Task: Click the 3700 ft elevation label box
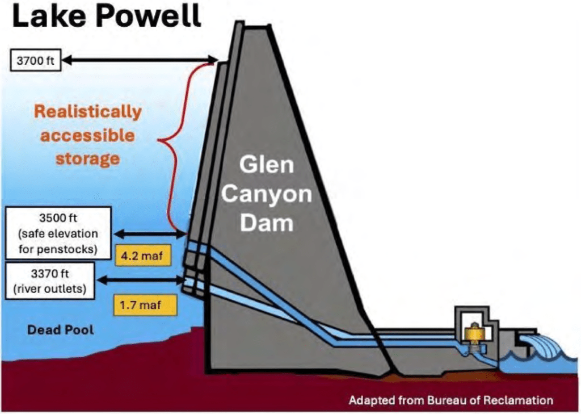pos(35,60)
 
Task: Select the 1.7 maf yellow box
pos(145,306)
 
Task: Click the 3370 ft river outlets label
pos(50,279)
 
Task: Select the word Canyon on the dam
pos(266,195)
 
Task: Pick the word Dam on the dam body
pos(266,223)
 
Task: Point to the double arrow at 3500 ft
pos(151,233)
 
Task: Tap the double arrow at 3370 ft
pos(142,279)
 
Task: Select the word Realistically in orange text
pos(88,112)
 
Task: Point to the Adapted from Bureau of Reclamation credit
pos(451,400)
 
